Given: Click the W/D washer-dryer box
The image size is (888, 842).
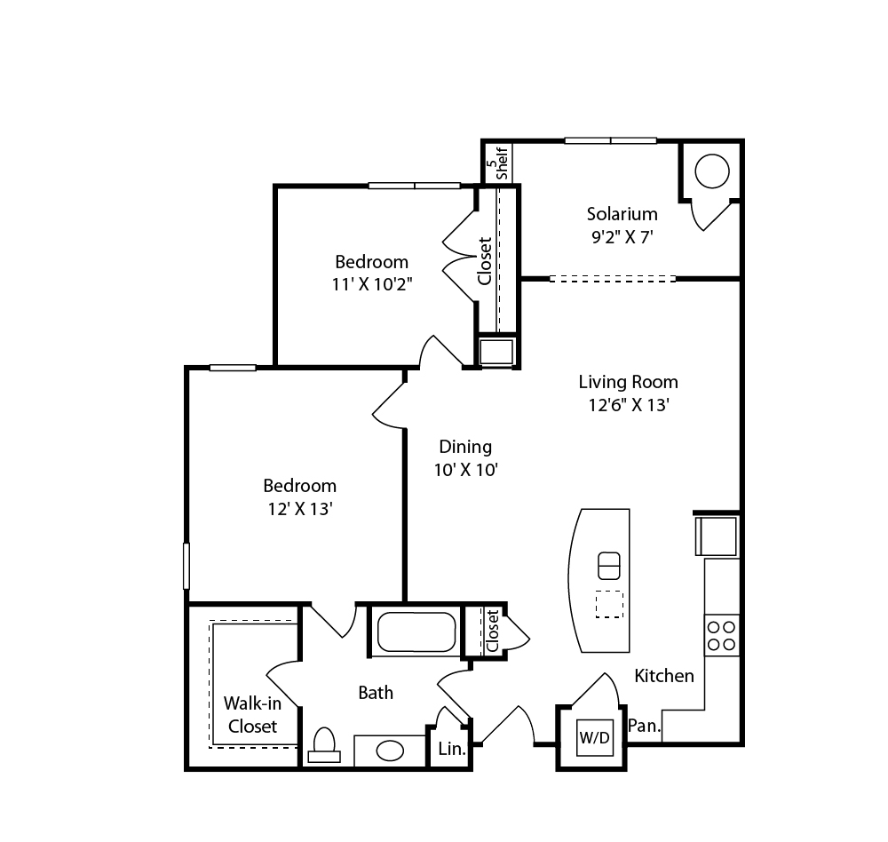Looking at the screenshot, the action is point(594,737).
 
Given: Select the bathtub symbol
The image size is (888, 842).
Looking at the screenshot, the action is point(416,631).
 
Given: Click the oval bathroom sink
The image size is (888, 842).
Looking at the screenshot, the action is point(390,751).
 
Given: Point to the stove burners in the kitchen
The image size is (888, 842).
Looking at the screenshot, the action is point(722,635).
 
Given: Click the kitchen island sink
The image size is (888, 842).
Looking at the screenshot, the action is point(609,566).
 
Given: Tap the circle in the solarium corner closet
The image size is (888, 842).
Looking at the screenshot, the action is point(712,171).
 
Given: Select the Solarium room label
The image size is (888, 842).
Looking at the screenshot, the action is point(622,214).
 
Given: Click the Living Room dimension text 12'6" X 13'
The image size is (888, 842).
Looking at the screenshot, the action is point(629,405).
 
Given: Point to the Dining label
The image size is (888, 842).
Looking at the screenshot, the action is point(465,447).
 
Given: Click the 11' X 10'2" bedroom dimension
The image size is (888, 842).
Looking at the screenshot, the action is point(371,284).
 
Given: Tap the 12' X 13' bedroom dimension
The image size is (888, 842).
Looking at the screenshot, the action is point(299,509).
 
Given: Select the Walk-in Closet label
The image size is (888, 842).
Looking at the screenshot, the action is point(252,714).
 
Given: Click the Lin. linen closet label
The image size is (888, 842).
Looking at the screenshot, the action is point(452,749).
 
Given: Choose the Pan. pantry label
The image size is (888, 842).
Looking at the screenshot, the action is point(645,726).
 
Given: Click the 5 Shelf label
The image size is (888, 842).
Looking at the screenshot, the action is point(497,163).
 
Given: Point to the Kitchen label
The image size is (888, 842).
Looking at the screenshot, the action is point(664,675).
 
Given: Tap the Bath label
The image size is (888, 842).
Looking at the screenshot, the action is point(376,693).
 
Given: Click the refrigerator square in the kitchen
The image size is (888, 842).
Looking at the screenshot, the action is point(717,536).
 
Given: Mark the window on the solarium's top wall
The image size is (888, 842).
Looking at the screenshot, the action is point(611,140).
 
